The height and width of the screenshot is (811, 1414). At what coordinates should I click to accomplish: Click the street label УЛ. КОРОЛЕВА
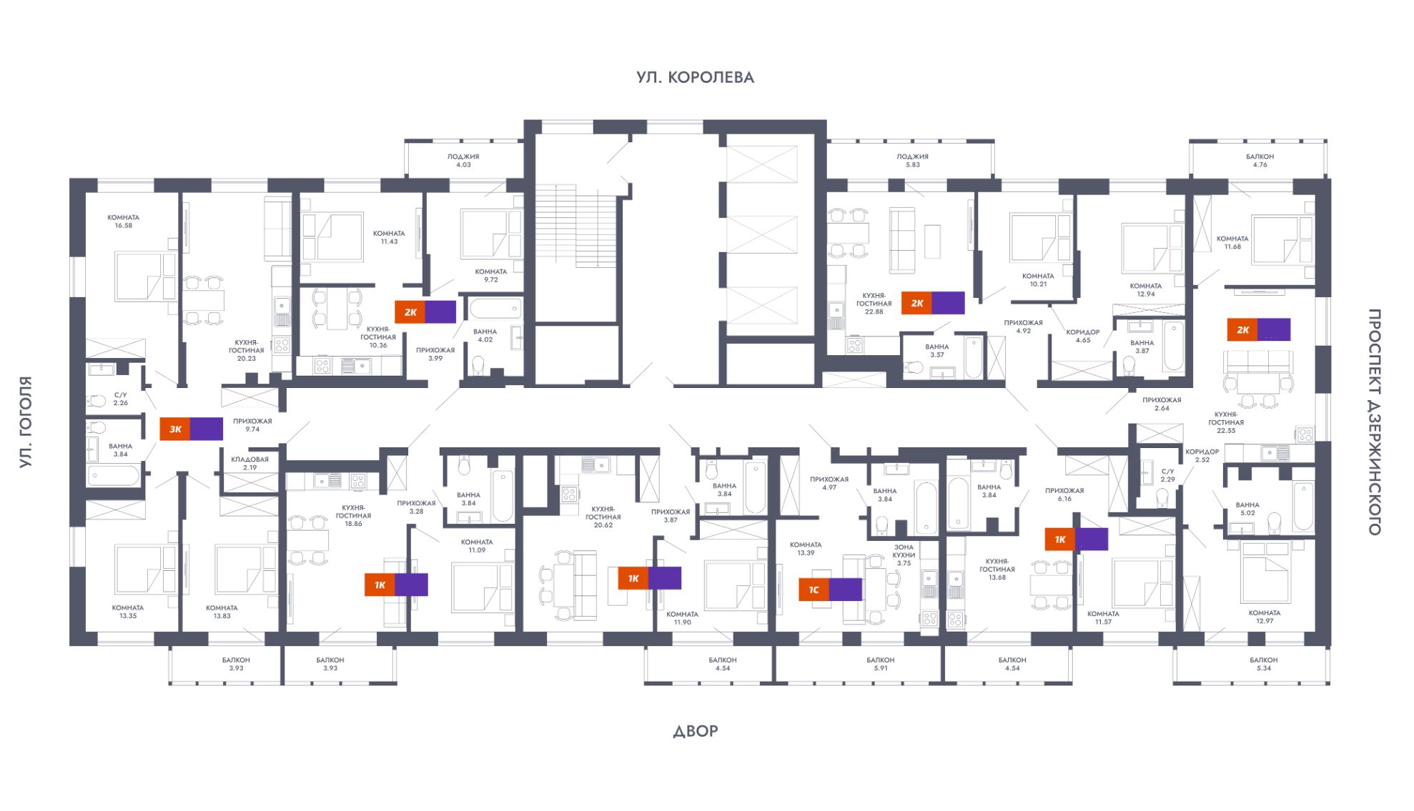695,77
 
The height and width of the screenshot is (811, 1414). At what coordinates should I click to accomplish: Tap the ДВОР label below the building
695,731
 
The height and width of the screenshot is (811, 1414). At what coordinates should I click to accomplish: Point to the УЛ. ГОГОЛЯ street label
26,422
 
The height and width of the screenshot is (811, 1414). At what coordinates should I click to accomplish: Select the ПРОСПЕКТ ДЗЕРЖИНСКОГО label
1374,422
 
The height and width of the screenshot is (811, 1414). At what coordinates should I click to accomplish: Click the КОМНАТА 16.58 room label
124,222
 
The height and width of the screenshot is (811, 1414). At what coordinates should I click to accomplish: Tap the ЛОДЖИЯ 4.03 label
463,160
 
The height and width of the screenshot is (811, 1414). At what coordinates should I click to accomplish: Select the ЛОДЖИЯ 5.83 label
912,160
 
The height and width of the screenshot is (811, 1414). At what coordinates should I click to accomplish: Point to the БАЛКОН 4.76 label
1260,160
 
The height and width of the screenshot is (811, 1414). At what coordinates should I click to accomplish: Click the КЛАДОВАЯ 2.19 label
249,463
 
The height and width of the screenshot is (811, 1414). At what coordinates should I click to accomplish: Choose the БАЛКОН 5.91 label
880,664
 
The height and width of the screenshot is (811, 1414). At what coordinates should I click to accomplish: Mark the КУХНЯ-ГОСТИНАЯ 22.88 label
874,303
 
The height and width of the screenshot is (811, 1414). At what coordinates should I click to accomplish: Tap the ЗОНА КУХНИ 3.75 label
904,555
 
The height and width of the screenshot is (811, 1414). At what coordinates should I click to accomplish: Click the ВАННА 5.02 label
1247,509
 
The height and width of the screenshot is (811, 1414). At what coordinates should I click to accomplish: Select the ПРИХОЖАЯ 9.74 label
252,425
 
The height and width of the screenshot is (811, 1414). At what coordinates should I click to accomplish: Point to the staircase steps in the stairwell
575,225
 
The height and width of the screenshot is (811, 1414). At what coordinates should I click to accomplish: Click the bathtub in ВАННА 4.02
495,309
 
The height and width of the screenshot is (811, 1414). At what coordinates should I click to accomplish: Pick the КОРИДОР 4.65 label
1082,336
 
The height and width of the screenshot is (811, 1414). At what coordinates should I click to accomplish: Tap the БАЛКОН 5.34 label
1263,664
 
